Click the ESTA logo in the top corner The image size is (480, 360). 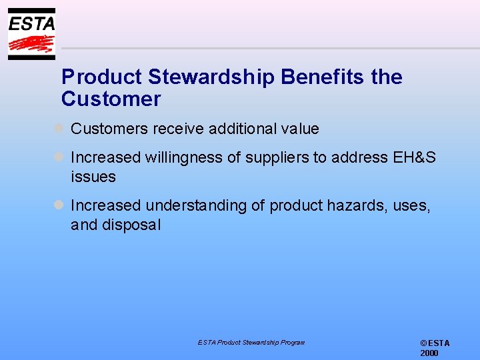(x=31, y=33)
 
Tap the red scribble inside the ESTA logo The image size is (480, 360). (x=31, y=44)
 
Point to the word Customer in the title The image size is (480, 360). (x=111, y=99)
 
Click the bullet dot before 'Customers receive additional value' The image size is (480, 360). (x=59, y=128)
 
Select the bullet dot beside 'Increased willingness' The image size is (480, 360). (x=59, y=157)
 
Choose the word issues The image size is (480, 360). (x=93, y=177)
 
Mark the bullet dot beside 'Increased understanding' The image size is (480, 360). (x=59, y=205)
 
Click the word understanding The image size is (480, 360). (x=196, y=205)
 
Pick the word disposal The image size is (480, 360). (x=131, y=225)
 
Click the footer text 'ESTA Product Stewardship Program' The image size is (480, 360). (x=251, y=342)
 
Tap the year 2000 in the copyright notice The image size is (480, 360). (x=429, y=353)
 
